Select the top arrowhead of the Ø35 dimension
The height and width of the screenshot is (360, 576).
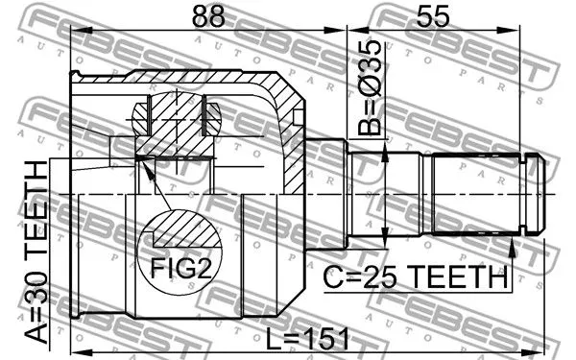coord(385,155)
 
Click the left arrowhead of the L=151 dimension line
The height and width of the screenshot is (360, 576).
coord(78,337)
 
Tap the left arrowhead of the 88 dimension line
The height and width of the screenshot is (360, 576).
coord(78,32)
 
